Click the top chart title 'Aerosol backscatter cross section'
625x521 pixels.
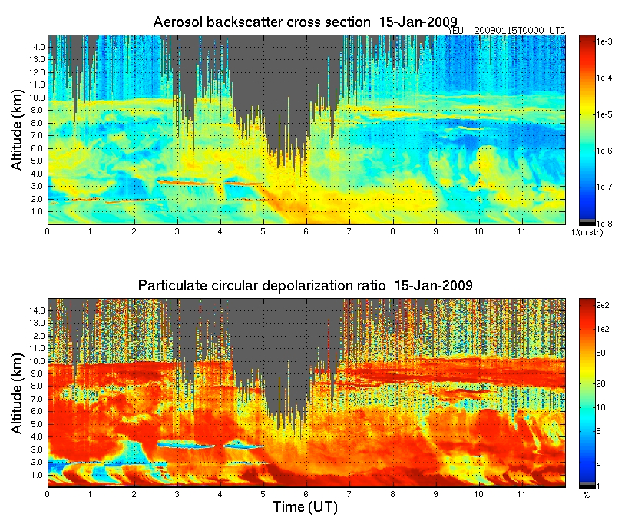tap(261, 22)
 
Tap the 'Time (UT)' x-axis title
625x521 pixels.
tap(305, 507)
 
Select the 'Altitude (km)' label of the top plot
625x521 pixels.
tap(17, 129)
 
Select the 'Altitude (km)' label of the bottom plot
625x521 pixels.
tap(17, 393)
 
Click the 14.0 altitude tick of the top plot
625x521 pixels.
tap(36, 47)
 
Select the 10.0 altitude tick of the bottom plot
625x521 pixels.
tap(36, 361)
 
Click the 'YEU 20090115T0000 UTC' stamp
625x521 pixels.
tap(507, 30)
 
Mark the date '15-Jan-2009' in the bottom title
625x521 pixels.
tap(433, 286)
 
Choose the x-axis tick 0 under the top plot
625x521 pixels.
tap(48, 231)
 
